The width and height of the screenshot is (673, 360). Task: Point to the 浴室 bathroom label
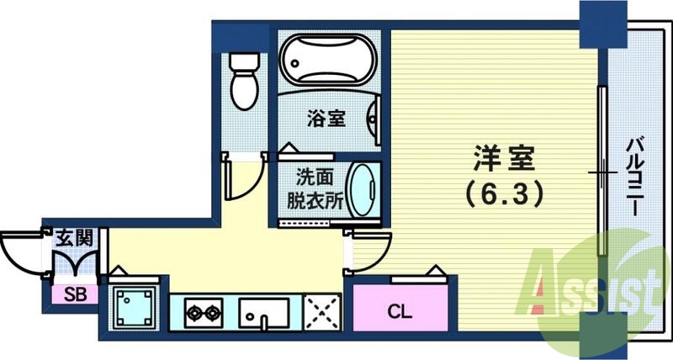pos(326,119)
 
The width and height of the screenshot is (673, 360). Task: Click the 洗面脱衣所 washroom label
pos(317,191)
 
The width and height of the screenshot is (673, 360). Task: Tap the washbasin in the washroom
pos(363,190)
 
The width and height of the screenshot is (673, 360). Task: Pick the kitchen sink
pos(265,314)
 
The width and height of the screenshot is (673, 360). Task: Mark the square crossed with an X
pos(322,314)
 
